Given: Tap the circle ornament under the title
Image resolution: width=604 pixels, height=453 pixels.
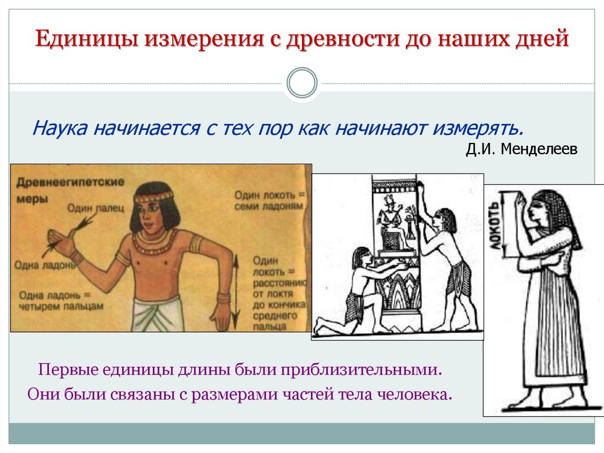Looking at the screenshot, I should pos(302,83).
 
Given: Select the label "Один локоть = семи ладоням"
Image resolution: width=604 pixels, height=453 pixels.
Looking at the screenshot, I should pos(268,200).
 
